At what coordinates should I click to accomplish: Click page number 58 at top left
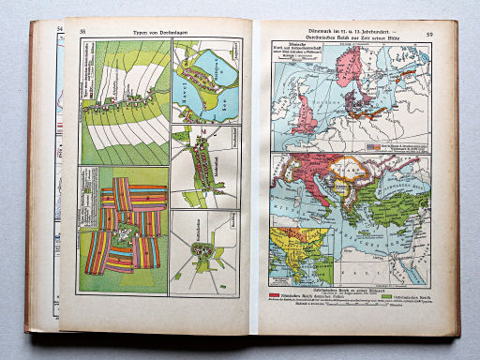tap(82, 31)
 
